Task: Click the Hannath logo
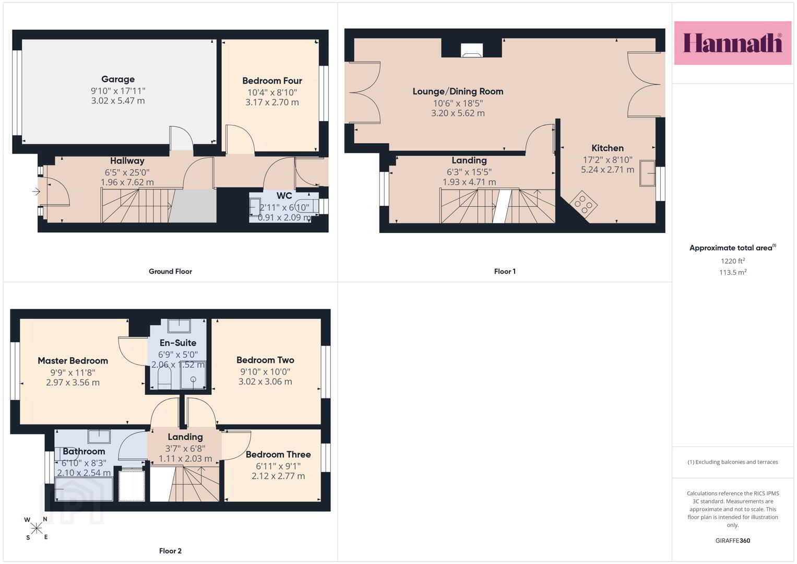click(x=733, y=43)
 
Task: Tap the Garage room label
click(x=118, y=79)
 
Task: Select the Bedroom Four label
click(x=272, y=81)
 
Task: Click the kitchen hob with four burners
click(x=584, y=204)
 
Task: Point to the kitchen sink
click(x=647, y=173)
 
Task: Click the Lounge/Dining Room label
click(x=458, y=91)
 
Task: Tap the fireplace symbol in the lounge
click(x=472, y=50)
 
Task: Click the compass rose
click(x=36, y=528)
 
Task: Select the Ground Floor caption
click(x=171, y=272)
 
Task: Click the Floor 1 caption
click(x=505, y=272)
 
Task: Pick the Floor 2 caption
click(x=170, y=551)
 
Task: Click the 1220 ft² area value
click(x=733, y=261)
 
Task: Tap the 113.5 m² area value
click(x=733, y=273)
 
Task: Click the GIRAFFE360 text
click(x=733, y=540)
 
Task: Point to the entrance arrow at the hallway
click(x=36, y=192)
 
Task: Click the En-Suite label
click(x=178, y=343)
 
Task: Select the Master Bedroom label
click(x=73, y=361)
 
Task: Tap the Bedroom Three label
click(x=278, y=455)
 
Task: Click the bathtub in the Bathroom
click(x=84, y=489)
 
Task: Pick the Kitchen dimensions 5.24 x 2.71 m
click(x=608, y=170)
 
